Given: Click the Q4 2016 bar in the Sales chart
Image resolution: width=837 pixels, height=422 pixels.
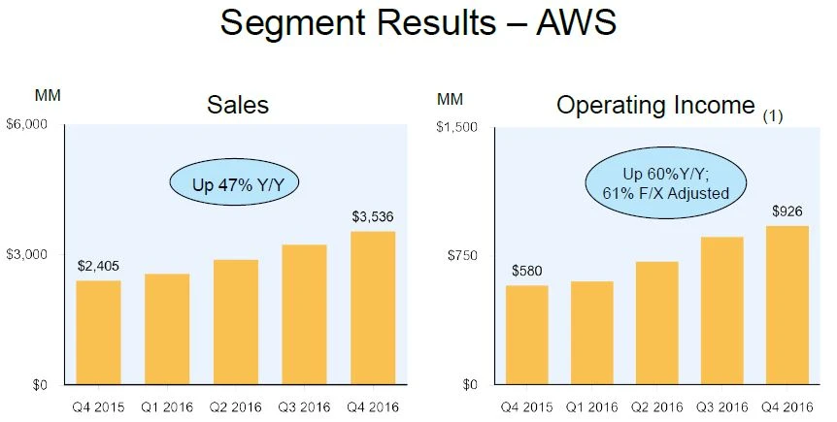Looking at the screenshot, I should tap(373, 308).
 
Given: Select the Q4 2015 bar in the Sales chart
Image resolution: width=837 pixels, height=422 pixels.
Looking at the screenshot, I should tap(98, 333).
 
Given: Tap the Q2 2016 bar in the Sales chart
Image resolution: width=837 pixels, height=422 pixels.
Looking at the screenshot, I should tap(236, 322).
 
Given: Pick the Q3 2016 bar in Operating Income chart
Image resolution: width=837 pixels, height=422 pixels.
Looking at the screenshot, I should tap(720, 310).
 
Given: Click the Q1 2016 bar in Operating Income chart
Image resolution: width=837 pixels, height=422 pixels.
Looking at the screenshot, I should tap(591, 333).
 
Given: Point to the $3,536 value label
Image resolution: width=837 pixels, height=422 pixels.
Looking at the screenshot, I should tap(373, 217).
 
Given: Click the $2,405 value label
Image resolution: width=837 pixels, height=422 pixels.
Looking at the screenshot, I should tap(98, 265).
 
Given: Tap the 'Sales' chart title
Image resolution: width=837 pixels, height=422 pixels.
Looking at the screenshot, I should tap(238, 105).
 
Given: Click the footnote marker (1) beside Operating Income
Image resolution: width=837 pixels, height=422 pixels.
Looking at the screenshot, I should tap(772, 115).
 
